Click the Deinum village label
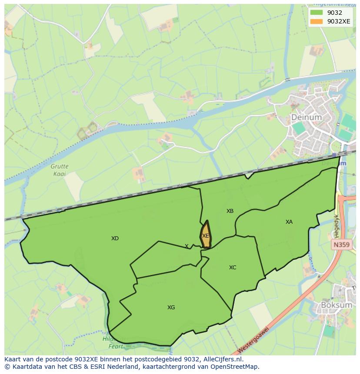[x=307, y=117]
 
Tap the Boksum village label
[x=336, y=305]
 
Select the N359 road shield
[x=341, y=245]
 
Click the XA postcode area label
[x=289, y=222]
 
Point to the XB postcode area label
[x=230, y=211]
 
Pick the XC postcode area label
[x=233, y=268]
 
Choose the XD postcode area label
[x=115, y=238]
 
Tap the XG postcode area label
[x=171, y=308]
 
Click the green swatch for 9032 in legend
[x=317, y=13]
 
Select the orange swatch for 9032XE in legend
[x=317, y=21]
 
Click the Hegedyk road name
[x=336, y=224]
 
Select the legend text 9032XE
[x=339, y=21]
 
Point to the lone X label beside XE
[x=187, y=246]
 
